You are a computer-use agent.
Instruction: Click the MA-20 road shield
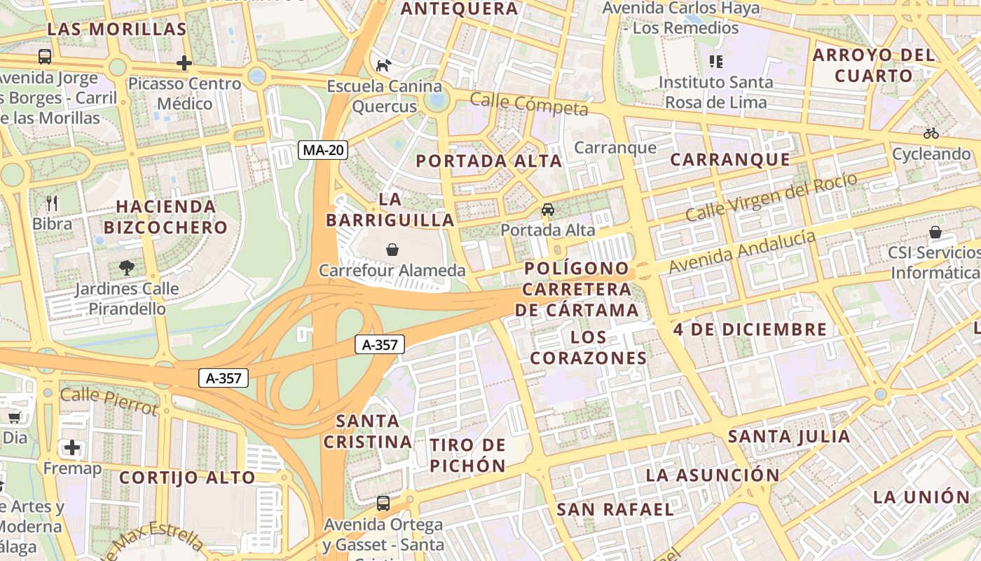coord(323,150)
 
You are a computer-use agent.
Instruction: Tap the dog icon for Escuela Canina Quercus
coord(384,66)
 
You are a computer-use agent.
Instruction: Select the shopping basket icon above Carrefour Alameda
coord(392,250)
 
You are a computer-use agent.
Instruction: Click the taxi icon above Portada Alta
coord(548,210)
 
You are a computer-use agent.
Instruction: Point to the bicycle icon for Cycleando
coord(931,133)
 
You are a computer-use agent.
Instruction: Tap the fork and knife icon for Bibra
coord(52,204)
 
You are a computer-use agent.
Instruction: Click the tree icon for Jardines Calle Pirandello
coord(127,267)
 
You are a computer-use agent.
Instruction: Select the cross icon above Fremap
coord(72,447)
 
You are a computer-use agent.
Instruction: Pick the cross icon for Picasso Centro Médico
coord(184,64)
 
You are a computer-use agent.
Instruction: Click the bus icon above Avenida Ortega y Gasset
coord(383,503)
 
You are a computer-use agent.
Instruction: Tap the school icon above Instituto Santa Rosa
coord(715,62)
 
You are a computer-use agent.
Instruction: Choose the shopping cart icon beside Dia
coord(14,417)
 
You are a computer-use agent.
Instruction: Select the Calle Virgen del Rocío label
coord(771,197)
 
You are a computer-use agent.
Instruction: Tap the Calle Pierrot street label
coord(109,400)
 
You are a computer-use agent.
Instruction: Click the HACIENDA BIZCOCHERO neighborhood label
coord(166,217)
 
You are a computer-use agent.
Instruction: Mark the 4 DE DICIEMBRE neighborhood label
coord(750,330)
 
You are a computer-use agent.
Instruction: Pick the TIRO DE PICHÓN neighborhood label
coord(468,455)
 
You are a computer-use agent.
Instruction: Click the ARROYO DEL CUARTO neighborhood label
coord(873,65)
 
